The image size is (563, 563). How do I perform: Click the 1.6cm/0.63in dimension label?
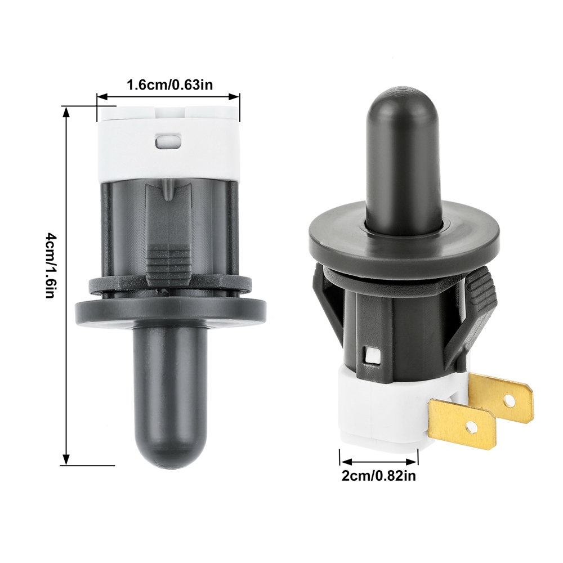169,85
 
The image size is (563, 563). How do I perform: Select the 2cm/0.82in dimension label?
378,476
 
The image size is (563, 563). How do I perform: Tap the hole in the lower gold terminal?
469,427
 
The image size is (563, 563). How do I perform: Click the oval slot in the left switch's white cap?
167,141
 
